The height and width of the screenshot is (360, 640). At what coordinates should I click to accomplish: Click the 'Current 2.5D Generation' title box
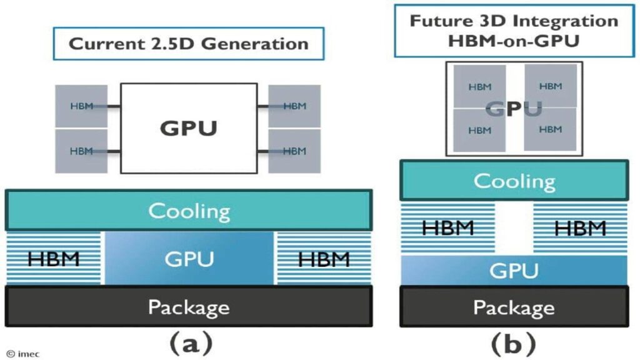tap(188, 44)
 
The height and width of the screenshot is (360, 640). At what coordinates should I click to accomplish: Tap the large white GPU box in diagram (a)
tap(188, 128)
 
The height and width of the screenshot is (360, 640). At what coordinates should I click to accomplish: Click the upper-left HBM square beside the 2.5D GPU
tap(81, 106)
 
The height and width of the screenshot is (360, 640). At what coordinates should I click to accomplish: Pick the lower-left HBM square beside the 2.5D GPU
tap(81, 151)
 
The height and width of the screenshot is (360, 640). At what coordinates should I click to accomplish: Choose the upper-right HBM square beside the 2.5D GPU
tap(294, 106)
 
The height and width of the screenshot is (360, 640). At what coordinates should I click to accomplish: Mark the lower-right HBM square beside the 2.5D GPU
tap(294, 151)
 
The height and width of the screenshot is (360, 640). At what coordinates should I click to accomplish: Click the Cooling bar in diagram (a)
tap(189, 211)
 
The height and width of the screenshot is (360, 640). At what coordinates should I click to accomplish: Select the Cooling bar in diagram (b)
tap(514, 181)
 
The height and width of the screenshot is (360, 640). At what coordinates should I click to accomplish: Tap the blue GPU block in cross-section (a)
tap(189, 258)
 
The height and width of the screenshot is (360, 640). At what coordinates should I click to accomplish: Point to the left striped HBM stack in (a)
tap(54, 258)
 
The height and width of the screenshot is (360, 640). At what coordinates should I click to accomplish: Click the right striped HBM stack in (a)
tap(323, 258)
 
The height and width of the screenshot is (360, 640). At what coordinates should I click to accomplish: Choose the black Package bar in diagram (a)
tap(189, 307)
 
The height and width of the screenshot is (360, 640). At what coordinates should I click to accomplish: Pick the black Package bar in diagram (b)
tap(514, 307)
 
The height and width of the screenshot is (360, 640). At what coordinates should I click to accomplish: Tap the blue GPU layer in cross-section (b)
tap(514, 271)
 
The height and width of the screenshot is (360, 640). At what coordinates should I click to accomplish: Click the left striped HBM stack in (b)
tap(447, 228)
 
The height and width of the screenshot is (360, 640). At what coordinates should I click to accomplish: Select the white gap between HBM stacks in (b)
tap(514, 228)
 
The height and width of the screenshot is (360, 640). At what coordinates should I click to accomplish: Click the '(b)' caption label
tap(514, 342)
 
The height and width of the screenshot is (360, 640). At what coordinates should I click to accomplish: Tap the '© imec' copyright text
tap(23, 354)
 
